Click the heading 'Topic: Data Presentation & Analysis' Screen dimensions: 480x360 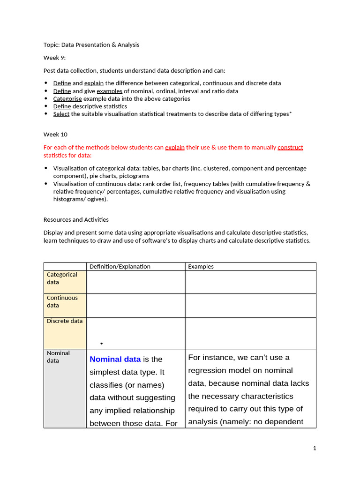[91, 45]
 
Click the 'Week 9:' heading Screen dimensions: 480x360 [55, 58]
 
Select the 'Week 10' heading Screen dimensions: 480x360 [56, 134]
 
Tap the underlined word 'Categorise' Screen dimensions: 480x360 [67, 99]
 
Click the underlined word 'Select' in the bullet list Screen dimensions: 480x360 [61, 114]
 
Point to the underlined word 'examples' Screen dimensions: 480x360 [110, 91]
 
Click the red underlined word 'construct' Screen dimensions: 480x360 [290, 147]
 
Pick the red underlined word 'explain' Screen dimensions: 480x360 [175, 147]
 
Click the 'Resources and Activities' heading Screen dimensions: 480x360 [76, 219]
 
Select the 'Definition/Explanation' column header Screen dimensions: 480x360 [120, 266]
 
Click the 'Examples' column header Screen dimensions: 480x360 [201, 266]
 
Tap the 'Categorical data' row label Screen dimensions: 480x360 [62, 278]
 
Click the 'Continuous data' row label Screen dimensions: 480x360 [62, 301]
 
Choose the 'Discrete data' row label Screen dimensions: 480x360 [65, 321]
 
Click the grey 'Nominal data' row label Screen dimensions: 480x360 [58, 357]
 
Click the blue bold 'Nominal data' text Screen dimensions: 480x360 [115, 359]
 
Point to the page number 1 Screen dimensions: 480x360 [315, 448]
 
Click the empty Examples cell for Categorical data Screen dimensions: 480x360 [250, 282]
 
